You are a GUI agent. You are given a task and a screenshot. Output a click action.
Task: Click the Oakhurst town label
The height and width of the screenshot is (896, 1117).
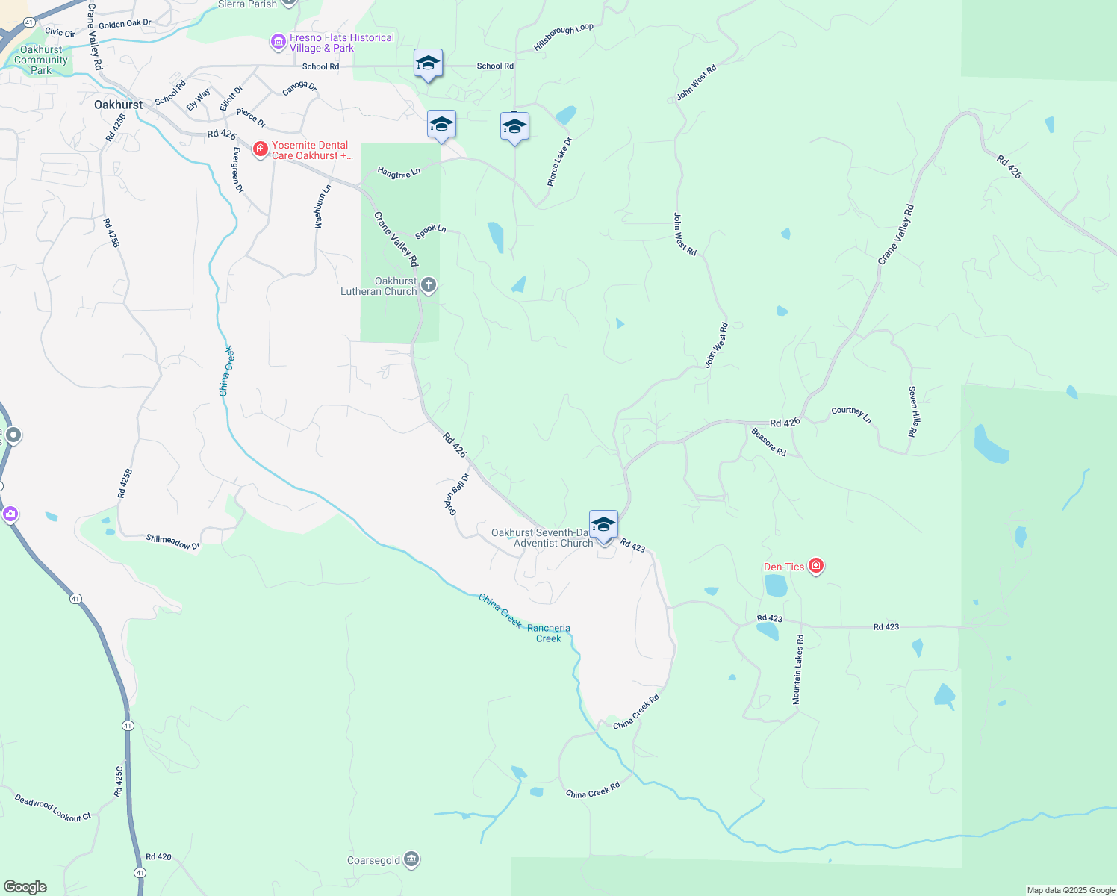(118, 105)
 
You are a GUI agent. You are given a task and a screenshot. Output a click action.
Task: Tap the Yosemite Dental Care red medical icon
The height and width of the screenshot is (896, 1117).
(261, 150)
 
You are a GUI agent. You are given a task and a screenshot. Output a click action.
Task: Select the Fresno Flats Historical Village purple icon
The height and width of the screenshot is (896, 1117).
(279, 43)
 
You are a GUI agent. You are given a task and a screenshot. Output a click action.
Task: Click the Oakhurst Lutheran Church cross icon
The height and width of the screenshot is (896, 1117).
(429, 285)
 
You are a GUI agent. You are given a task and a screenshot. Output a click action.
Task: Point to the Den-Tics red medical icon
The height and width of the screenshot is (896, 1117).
(815, 567)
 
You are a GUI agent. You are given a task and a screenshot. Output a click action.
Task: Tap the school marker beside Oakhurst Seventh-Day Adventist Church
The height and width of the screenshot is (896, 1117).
(603, 525)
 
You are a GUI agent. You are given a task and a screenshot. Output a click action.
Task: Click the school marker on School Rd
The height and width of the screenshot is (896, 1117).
(428, 64)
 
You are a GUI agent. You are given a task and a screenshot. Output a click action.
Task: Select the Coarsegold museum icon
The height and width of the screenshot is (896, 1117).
(411, 860)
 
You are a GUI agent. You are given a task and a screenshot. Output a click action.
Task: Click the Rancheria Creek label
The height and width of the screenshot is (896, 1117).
(548, 633)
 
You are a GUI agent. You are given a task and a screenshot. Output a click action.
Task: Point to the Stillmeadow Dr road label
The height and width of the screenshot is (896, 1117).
(172, 541)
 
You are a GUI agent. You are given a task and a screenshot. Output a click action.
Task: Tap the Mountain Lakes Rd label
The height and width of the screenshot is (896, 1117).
(798, 670)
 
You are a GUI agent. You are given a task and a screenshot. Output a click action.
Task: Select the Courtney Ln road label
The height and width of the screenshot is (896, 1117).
(851, 414)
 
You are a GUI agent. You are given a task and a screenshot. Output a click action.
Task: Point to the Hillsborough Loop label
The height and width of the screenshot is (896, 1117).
(563, 37)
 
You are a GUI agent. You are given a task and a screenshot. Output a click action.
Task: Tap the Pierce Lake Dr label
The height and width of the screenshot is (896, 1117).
(559, 162)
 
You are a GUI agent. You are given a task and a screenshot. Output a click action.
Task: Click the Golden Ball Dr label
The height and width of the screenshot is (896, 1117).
(457, 494)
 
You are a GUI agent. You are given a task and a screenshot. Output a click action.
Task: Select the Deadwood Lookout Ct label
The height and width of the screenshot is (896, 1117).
(52, 808)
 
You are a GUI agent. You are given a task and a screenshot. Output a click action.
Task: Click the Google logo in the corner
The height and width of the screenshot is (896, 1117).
(25, 887)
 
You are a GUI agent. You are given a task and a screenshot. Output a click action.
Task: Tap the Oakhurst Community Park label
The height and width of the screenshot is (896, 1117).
(41, 60)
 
